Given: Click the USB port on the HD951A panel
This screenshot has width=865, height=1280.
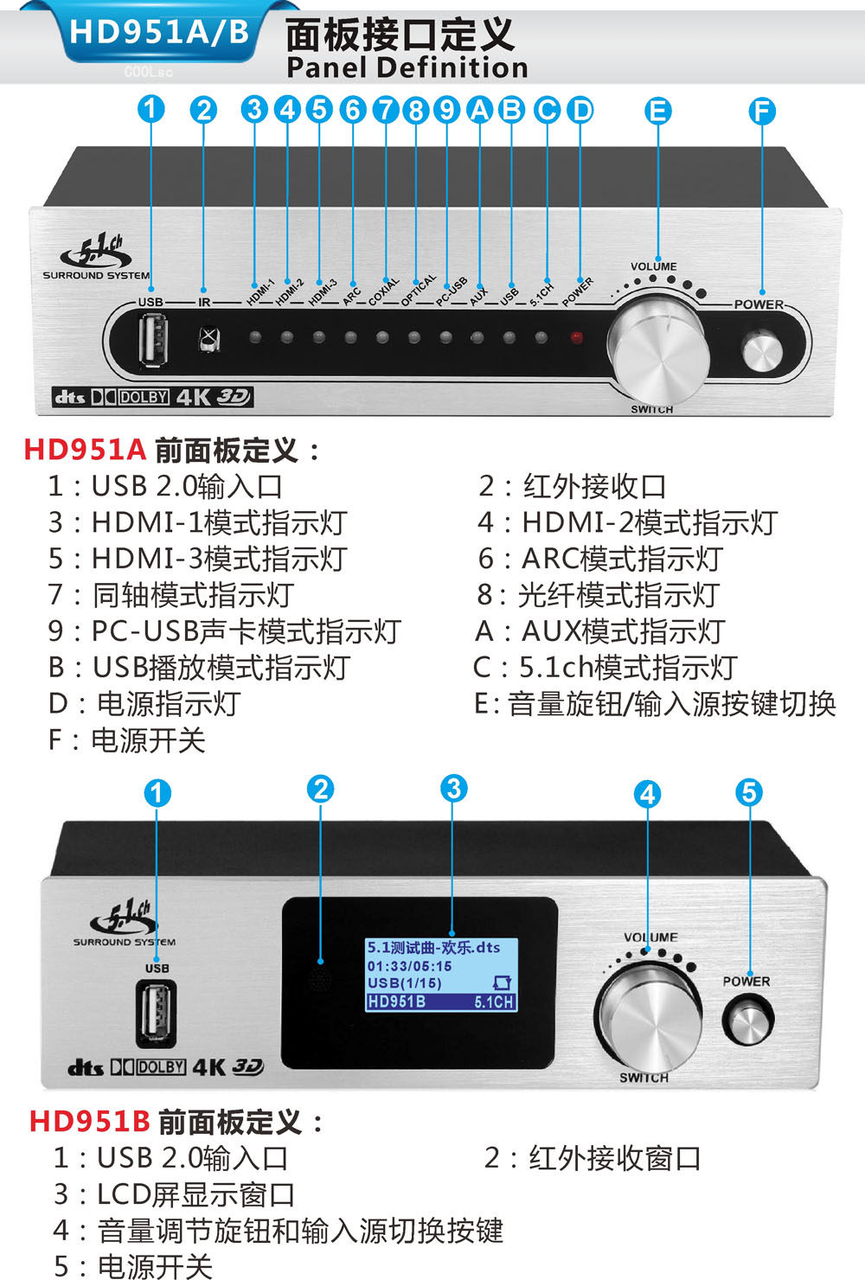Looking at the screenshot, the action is point(156,339).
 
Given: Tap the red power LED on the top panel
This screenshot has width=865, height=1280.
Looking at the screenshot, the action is point(576,338).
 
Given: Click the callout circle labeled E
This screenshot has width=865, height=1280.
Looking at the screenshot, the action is point(658,111).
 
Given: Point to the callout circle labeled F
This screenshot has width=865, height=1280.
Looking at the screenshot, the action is point(762,111).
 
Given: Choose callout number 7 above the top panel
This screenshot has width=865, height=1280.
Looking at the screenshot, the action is point(385,110).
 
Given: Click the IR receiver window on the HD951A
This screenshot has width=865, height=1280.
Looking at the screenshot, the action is point(207,338).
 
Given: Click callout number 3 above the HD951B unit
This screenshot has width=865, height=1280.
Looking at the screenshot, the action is point(453,788).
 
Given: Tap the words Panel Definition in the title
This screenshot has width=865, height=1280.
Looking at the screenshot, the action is point(407,67).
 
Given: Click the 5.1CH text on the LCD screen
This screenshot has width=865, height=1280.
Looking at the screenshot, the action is point(494,1002).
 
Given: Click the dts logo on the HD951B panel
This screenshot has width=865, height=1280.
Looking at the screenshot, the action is point(86,1067).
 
